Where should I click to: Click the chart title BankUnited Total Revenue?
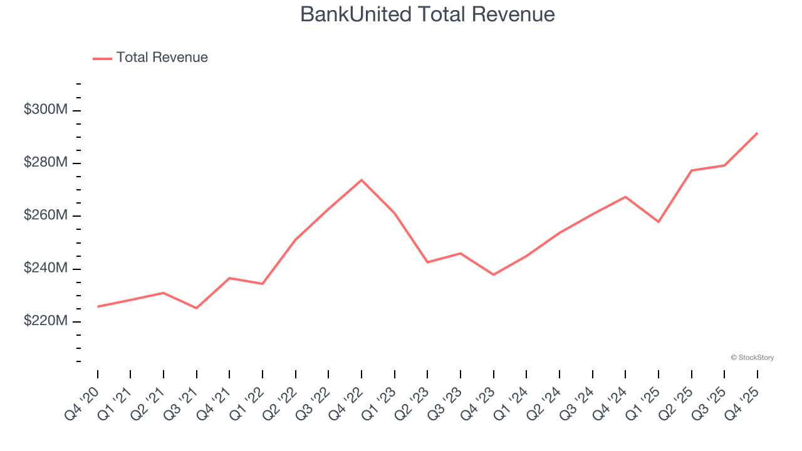427,14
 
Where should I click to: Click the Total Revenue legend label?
162,58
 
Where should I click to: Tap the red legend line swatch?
102,58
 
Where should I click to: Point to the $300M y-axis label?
46,110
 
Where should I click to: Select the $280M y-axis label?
46,163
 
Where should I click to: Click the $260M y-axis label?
46,215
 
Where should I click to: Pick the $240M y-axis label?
46,268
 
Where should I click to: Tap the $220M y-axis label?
46,321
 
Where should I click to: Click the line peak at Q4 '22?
362,180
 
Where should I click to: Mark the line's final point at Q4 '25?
757,133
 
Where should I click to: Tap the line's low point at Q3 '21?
197,308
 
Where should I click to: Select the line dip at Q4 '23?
494,274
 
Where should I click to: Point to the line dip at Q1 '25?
659,222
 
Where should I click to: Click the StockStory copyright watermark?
752,358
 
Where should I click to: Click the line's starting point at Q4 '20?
98,306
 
